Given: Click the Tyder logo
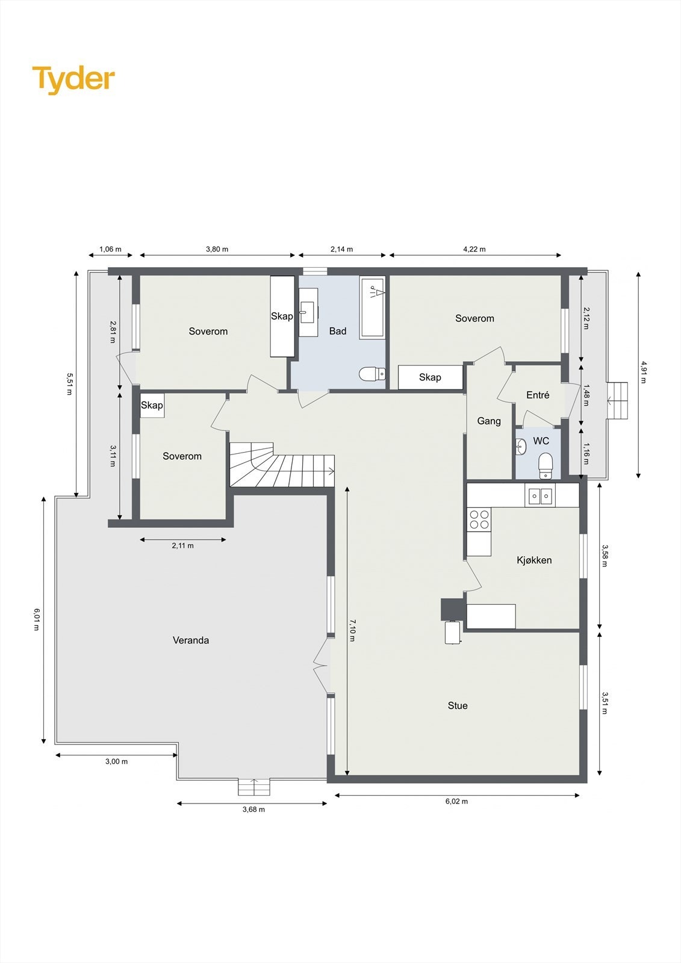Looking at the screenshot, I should (x=73, y=79).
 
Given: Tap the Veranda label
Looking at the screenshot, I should (x=191, y=640).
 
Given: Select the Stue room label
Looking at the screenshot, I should (x=458, y=706).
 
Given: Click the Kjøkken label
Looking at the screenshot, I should (x=534, y=560).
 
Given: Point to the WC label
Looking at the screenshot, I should (x=541, y=441).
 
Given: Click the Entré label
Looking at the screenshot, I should (x=538, y=395).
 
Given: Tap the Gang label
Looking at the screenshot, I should (x=489, y=421).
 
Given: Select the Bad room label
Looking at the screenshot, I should (x=338, y=331).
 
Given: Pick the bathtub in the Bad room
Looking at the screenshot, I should (x=372, y=307).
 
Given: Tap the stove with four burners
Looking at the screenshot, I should (x=480, y=519).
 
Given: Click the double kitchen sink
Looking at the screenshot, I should (x=540, y=496).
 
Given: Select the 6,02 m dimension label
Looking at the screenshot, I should (x=456, y=801).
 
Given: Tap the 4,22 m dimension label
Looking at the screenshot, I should (x=474, y=249).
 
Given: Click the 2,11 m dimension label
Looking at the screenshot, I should (x=183, y=546).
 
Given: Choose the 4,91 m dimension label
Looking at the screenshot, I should (x=643, y=373).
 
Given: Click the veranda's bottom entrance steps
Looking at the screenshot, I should (x=254, y=787).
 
